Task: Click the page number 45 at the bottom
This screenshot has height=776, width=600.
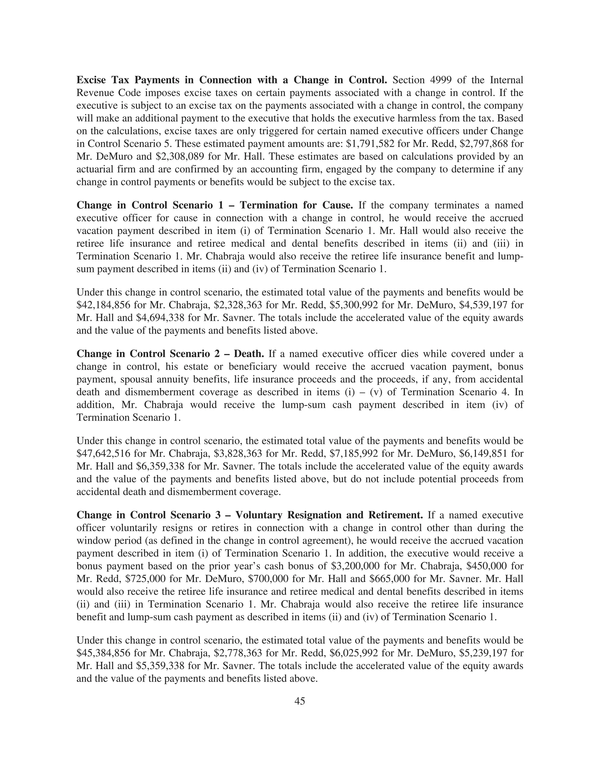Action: click(x=300, y=701)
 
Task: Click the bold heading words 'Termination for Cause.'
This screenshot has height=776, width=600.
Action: click(x=296, y=205)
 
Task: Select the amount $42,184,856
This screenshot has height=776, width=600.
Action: click(x=103, y=305)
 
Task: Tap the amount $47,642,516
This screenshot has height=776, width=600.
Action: click(x=103, y=454)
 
